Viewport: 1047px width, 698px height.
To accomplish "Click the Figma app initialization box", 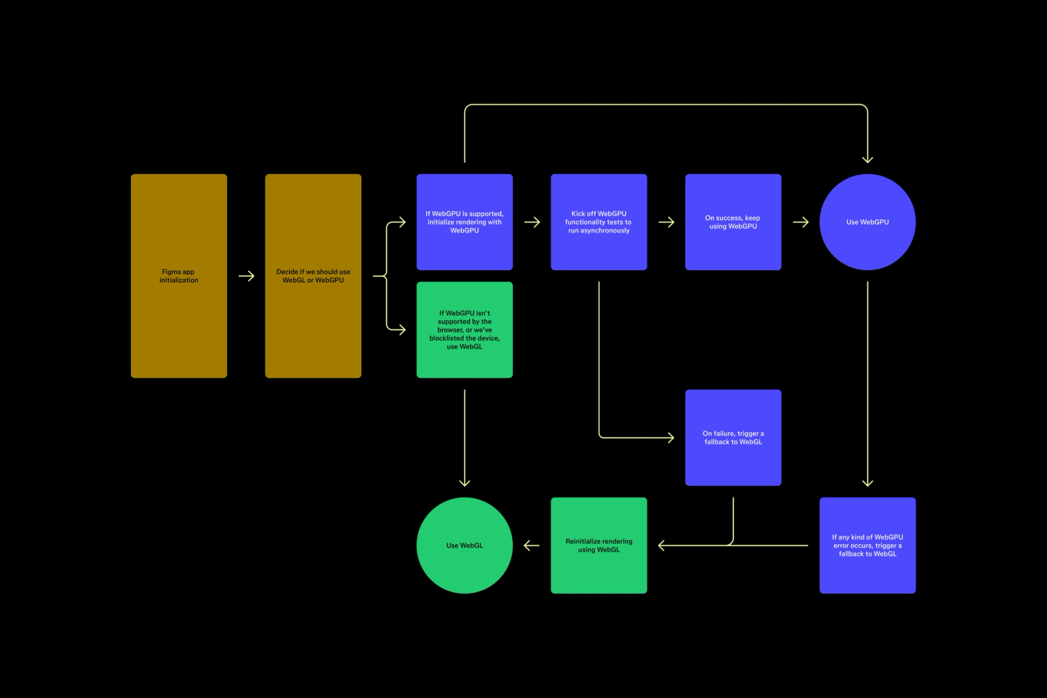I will click(178, 276).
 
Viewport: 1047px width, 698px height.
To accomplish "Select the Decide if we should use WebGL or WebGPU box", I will click(313, 276).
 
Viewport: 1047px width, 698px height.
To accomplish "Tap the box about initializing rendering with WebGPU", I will click(464, 222).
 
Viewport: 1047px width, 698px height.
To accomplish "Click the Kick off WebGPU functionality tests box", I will click(599, 222).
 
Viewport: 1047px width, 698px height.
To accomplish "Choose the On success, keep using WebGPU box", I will click(733, 222).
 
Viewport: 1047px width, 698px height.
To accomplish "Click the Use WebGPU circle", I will click(867, 222).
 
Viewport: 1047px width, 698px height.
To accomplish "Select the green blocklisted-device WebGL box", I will click(464, 330).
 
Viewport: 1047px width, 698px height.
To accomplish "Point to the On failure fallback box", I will click(733, 438).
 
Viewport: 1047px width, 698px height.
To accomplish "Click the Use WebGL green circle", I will click(464, 545).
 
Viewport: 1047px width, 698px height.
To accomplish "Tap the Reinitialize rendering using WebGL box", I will click(599, 545).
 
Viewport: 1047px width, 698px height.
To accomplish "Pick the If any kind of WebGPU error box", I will click(867, 545).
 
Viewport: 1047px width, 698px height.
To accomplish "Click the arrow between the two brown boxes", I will click(247, 276).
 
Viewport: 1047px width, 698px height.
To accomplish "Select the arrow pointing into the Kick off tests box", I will click(532, 222).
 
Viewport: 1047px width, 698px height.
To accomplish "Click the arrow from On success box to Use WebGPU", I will click(801, 222).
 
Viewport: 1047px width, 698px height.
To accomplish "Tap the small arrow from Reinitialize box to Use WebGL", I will click(531, 545).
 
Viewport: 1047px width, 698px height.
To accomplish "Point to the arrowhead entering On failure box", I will click(670, 438).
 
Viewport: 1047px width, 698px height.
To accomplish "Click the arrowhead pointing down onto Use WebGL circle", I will click(464, 482).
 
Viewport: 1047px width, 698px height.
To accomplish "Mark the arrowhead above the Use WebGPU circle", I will click(867, 159).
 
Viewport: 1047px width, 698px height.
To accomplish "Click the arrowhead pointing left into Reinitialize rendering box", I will click(662, 545).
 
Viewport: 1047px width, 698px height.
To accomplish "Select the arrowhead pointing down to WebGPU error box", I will click(867, 482).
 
